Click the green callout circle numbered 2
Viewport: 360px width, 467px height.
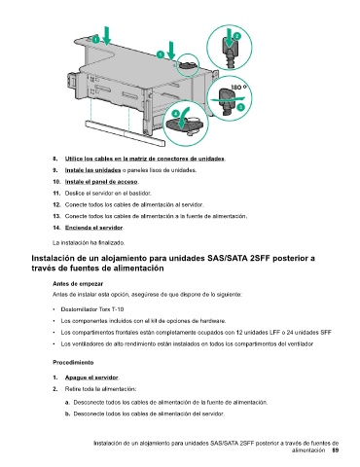pos(237,36)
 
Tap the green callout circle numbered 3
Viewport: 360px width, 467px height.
pos(240,107)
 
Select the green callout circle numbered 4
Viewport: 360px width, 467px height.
pos(175,114)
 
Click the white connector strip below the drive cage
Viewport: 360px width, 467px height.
pos(126,133)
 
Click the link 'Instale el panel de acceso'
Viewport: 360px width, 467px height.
pos(101,182)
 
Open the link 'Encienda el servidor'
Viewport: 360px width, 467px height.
pos(93,228)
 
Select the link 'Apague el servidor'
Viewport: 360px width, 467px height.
pos(91,377)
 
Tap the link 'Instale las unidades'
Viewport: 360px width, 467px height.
pos(92,170)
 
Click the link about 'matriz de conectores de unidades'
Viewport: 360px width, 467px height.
pos(145,159)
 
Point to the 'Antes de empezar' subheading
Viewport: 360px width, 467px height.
pos(78,284)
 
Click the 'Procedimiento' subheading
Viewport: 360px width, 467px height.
pos(73,363)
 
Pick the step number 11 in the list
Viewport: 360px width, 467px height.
pos(56,194)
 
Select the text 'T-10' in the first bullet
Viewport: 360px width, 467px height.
pos(118,309)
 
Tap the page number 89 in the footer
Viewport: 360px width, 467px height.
pos(335,450)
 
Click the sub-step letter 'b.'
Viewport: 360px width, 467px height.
pos(67,413)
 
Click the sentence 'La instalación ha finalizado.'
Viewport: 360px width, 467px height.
pos(89,242)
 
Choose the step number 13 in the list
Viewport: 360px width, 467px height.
pos(56,216)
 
